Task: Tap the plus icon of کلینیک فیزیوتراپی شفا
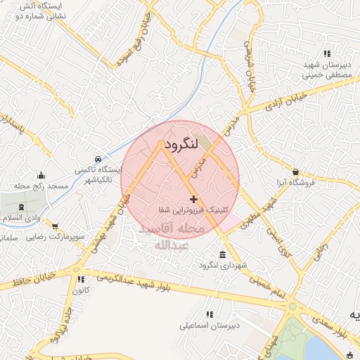pyautogui.click(x=194, y=200)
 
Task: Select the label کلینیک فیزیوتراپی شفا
pyautogui.click(x=194, y=211)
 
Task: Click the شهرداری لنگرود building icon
pyautogui.click(x=222, y=255)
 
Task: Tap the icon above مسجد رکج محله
pyautogui.click(x=41, y=176)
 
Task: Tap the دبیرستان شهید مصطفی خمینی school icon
pyautogui.click(x=326, y=53)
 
